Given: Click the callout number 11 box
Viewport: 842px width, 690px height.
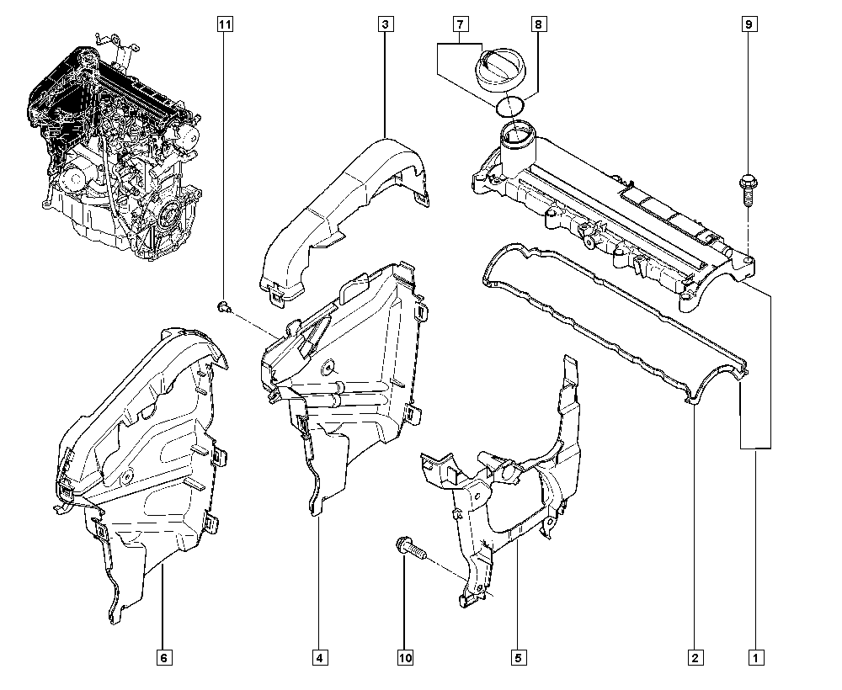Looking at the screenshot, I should (224, 25).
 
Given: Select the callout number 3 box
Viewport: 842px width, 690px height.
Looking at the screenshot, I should (384, 25).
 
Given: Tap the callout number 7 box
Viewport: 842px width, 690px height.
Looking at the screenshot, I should (461, 25).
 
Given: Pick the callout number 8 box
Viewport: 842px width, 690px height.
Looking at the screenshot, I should (538, 25).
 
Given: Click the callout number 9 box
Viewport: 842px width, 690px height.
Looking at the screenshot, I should (747, 25).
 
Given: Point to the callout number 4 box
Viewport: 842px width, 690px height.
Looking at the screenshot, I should (319, 656).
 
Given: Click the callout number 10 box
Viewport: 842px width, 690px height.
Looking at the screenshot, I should (406, 656).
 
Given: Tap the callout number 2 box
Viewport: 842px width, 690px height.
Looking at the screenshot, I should (695, 656).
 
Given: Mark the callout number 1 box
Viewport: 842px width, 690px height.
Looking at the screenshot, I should (756, 656).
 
